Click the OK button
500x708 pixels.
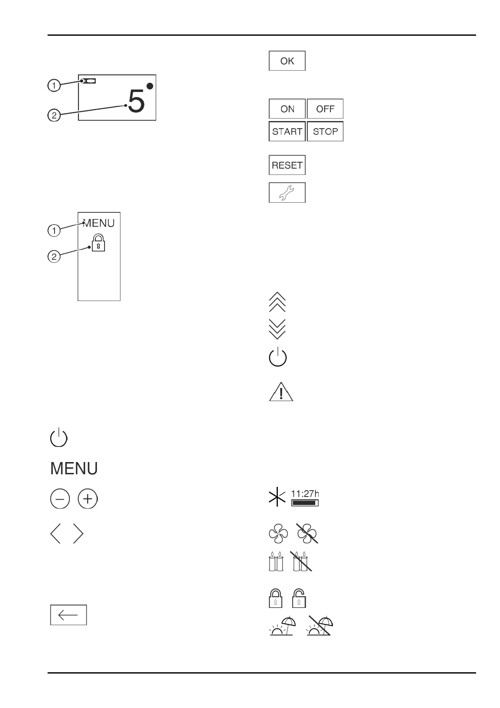287,61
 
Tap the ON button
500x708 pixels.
287,109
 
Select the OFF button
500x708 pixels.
325,109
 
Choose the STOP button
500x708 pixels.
325,132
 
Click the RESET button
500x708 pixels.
287,165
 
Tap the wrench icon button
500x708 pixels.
287,193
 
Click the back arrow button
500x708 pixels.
68,615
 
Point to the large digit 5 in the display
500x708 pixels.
136,102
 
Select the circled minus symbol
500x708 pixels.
60,499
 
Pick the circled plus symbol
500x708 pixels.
87,499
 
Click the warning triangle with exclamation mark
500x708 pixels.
281,392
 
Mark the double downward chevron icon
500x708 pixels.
277,329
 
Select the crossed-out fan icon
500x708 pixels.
307,534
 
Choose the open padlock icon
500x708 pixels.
299,598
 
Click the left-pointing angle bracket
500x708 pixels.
55,534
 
